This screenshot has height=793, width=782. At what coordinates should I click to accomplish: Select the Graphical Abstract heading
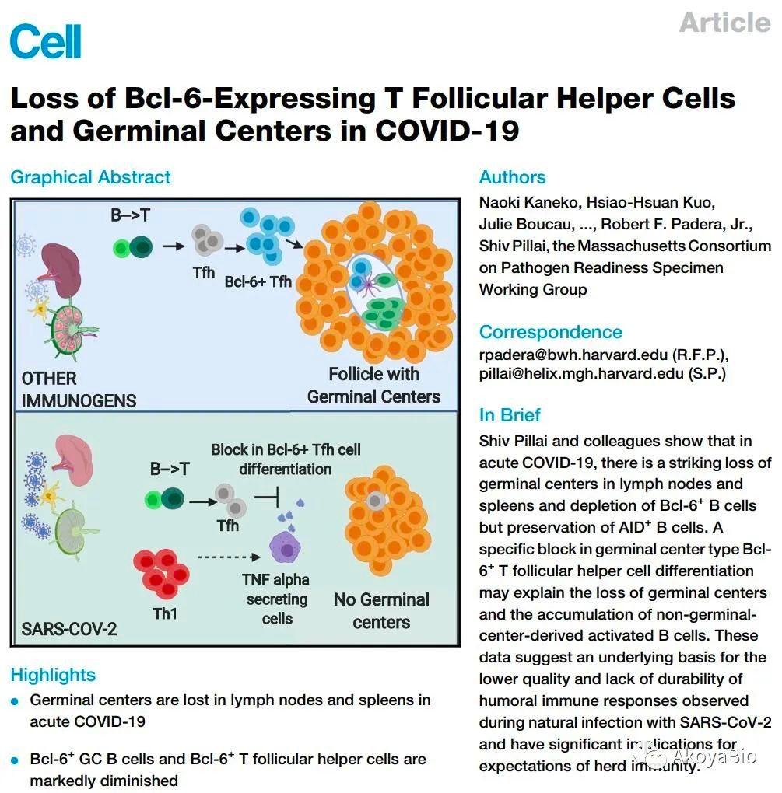tap(90, 177)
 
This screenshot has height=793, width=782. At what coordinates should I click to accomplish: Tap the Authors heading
tap(512, 177)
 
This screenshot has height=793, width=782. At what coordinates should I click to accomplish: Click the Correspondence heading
tap(550, 332)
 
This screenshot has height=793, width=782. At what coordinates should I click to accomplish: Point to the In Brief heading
tap(510, 414)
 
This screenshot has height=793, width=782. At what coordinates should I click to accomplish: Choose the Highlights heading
tap(53, 675)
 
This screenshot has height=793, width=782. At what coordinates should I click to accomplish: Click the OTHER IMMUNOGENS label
tap(78, 390)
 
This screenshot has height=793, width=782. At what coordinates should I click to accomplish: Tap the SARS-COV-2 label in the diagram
tap(69, 628)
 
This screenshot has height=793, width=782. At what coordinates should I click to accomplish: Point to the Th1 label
tap(165, 614)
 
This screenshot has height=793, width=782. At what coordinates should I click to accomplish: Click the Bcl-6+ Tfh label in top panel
tap(258, 281)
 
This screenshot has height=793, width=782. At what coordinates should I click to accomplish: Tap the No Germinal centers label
tap(381, 610)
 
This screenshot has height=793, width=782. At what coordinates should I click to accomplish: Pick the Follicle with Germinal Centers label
tap(373, 385)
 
